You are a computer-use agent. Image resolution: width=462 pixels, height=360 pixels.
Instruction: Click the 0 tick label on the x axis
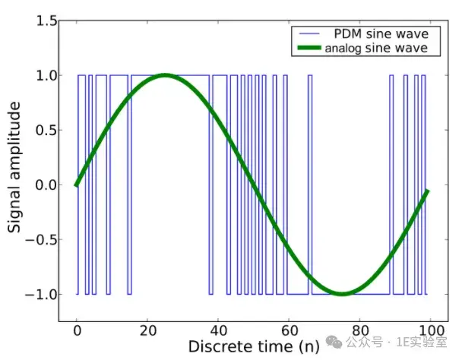tap(77, 331)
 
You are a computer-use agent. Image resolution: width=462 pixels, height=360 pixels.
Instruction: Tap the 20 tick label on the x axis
tap(147, 331)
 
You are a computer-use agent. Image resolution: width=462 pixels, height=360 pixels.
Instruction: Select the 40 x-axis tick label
tap(218, 331)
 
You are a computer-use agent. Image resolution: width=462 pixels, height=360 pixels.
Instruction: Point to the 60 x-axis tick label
tap(289, 331)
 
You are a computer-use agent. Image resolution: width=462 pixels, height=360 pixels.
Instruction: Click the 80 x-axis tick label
tap(359, 331)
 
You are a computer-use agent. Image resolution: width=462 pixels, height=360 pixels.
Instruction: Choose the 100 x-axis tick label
tap(429, 331)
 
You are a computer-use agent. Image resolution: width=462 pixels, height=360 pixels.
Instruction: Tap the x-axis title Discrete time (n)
tap(253, 347)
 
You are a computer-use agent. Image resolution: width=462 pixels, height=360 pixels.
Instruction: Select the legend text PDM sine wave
tap(381, 34)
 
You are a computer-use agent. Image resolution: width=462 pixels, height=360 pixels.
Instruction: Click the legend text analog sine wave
tap(375, 48)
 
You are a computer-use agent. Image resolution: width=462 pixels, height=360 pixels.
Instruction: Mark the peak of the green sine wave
tap(165, 75)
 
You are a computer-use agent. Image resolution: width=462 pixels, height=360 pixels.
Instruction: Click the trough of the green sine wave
tap(342, 294)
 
